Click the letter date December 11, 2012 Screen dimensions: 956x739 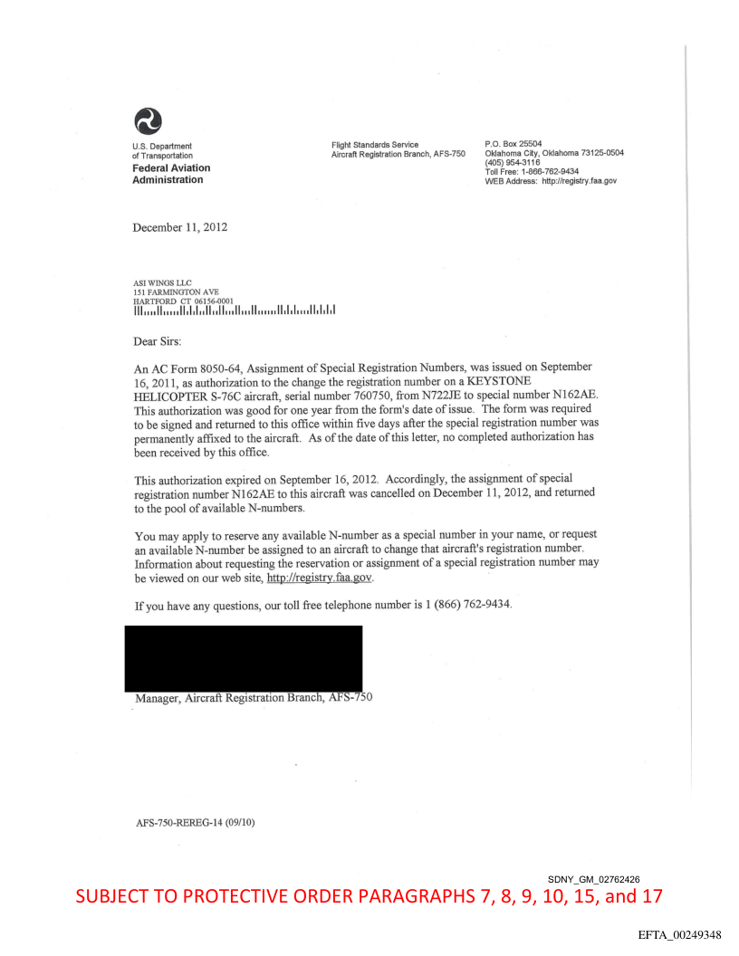tap(180, 227)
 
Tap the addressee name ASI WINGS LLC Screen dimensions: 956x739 tap(163, 282)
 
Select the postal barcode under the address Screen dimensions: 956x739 tap(235, 312)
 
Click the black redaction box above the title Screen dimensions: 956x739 tap(247, 658)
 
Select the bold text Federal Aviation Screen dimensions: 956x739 tap(171, 167)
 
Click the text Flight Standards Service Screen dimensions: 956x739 tap(375, 144)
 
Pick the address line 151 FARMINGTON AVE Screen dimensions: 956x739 tap(176, 292)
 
